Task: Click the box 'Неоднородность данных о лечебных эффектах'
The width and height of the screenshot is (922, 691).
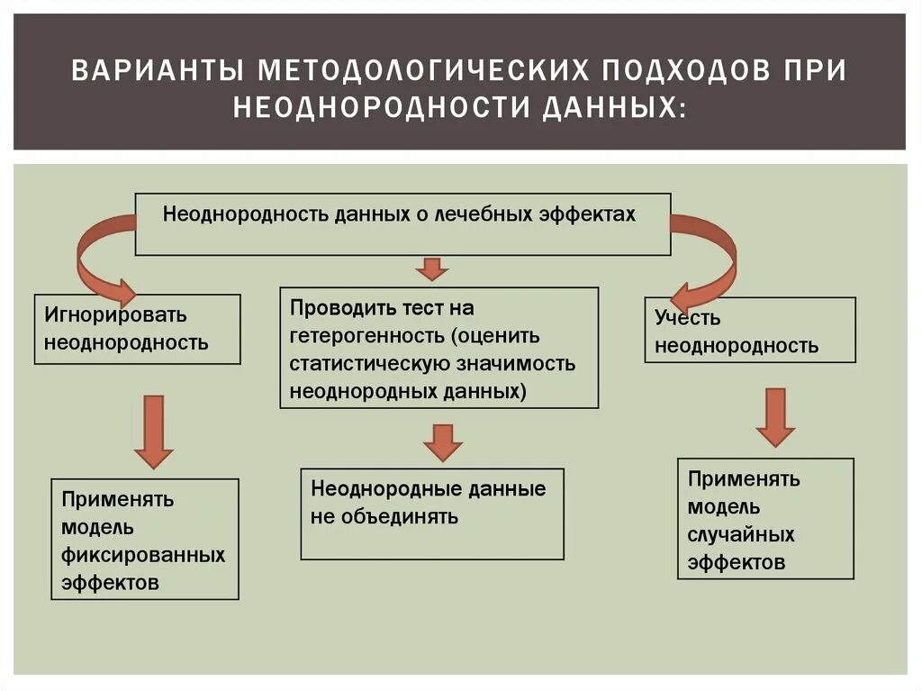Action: (x=402, y=223)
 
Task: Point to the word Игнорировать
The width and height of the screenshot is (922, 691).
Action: (x=115, y=315)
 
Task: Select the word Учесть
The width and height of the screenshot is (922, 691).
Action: (x=688, y=318)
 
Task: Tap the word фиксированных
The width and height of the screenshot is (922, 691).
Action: (x=143, y=555)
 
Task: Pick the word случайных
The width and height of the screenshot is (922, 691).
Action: (x=741, y=535)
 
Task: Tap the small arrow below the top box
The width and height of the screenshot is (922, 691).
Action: (x=432, y=268)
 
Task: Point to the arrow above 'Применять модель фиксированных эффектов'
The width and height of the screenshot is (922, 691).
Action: (x=153, y=431)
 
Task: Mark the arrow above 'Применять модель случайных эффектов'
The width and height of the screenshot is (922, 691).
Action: (x=775, y=416)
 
